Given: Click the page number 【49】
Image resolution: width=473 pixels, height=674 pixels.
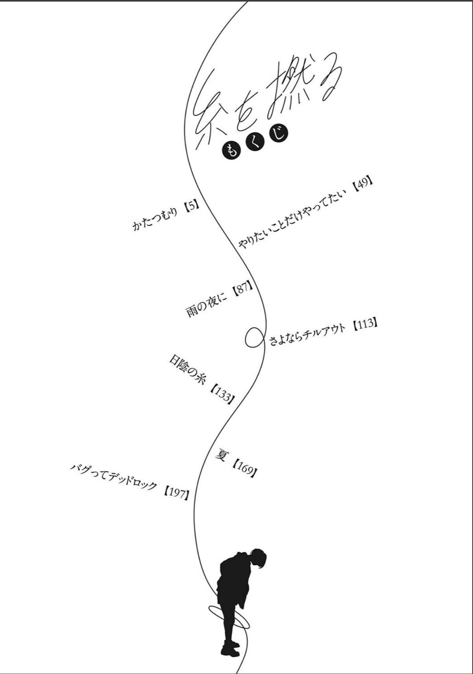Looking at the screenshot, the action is [x=362, y=185].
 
